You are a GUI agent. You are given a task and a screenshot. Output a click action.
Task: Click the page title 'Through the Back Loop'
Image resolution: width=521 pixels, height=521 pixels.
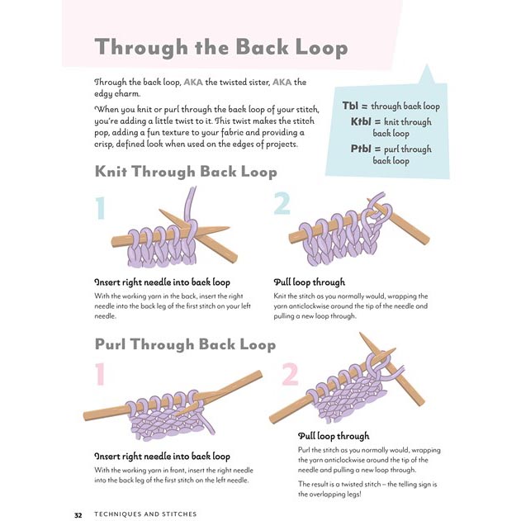[220, 47]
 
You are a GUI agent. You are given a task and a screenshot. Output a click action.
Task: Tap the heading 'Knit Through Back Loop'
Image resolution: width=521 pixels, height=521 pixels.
[186, 172]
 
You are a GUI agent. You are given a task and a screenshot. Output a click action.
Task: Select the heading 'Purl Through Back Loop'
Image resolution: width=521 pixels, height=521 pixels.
[186, 343]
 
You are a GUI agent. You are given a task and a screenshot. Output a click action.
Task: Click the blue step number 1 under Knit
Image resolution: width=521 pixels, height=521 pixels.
[100, 207]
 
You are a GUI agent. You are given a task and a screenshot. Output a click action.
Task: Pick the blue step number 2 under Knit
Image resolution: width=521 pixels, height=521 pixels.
[282, 203]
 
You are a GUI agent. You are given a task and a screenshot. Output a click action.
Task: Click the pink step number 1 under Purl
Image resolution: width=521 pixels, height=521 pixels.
[100, 375]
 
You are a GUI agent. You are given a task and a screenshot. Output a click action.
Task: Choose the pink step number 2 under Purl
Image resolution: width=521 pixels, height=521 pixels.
[289, 375]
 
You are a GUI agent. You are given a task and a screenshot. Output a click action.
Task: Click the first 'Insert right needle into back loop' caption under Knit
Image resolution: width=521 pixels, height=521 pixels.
[162, 282]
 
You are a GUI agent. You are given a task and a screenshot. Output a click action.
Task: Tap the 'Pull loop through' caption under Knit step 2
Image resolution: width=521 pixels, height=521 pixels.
[309, 282]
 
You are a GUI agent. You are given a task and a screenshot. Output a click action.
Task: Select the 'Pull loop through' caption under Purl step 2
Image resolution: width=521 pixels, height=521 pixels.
[334, 436]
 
